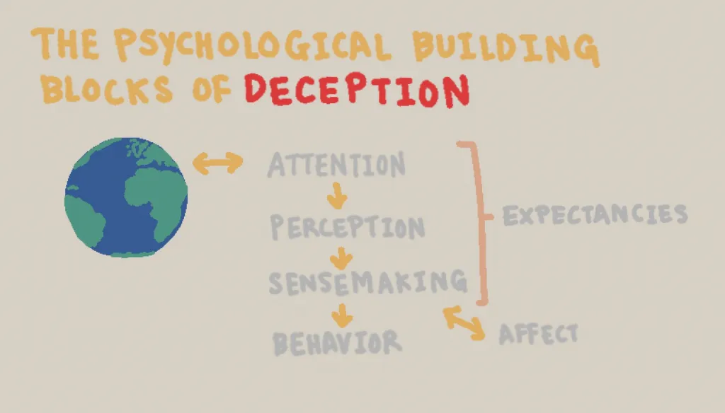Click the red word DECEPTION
click(357, 90)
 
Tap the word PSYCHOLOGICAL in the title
click(253, 45)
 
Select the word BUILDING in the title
click(506, 49)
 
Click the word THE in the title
click(65, 43)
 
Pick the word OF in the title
click(212, 90)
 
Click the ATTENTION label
click(336, 165)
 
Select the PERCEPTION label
click(347, 227)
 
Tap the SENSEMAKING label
click(368, 281)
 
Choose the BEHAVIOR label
click(337, 342)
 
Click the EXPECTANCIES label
click(595, 214)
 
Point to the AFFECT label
click(539, 334)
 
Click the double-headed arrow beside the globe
click(218, 163)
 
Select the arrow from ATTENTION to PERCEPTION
click(337, 196)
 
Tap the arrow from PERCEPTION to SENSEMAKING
click(341, 259)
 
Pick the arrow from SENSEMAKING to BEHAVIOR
click(342, 315)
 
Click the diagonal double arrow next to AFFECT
click(464, 323)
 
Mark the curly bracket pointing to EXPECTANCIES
click(480, 222)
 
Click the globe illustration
click(126, 197)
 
